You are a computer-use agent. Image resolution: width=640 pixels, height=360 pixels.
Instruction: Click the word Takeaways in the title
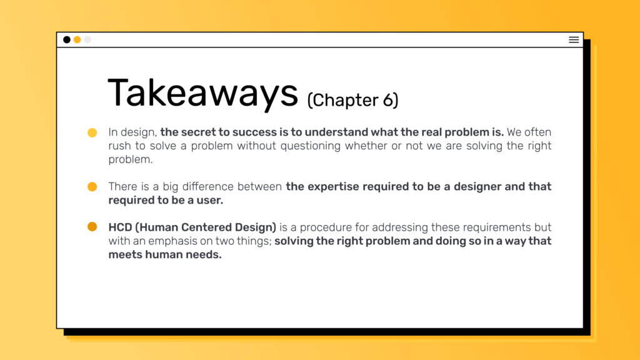pyautogui.click(x=203, y=94)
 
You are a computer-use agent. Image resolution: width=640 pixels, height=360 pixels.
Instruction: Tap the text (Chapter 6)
pyautogui.click(x=352, y=101)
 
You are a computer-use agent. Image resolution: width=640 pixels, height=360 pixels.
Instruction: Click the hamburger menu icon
pyautogui.click(x=574, y=39)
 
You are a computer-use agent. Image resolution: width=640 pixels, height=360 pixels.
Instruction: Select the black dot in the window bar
pyautogui.click(x=66, y=39)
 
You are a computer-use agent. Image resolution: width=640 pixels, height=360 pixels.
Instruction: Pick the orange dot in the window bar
pyautogui.click(x=77, y=39)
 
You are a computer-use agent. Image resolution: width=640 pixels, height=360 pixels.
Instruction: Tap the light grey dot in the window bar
pyautogui.click(x=87, y=39)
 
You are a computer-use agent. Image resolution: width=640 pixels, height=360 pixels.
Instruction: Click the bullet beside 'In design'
pyautogui.click(x=92, y=132)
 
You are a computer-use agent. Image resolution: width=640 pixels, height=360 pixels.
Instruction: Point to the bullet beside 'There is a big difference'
pyautogui.click(x=92, y=186)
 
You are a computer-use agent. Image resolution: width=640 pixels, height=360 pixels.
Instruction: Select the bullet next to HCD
pyautogui.click(x=92, y=226)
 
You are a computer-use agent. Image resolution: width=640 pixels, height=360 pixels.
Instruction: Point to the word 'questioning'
pyautogui.click(x=310, y=146)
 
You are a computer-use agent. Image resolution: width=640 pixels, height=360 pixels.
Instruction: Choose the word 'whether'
pyautogui.click(x=366, y=146)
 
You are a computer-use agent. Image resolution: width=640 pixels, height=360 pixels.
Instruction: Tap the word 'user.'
pyautogui.click(x=210, y=201)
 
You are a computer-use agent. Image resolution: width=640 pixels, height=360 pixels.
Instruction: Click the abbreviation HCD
pyautogui.click(x=120, y=227)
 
